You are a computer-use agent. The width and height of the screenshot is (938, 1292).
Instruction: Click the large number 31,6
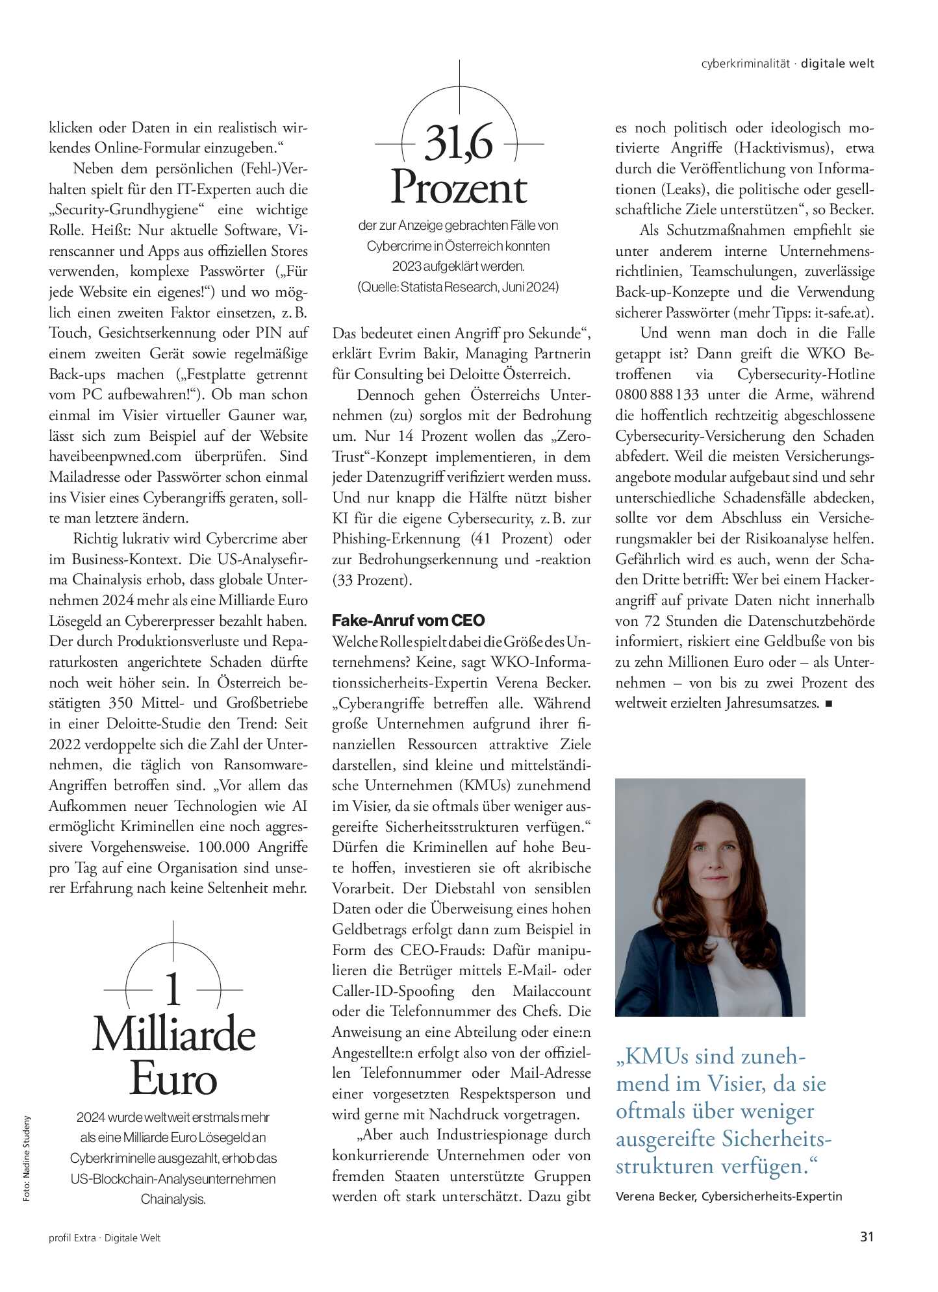[459, 143]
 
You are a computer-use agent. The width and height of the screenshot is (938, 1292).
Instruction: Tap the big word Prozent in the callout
[459, 188]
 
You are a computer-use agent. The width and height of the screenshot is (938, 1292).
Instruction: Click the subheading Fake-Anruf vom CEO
[408, 620]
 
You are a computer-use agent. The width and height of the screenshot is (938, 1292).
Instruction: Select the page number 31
[867, 1237]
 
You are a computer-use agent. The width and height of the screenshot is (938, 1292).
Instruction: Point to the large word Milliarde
[173, 1035]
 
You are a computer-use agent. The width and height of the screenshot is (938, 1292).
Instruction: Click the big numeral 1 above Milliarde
[173, 990]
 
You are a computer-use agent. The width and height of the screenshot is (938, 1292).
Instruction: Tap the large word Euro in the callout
[173, 1079]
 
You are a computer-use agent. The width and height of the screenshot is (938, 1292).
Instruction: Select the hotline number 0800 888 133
[657, 395]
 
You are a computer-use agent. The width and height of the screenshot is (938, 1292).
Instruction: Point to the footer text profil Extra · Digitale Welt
[105, 1238]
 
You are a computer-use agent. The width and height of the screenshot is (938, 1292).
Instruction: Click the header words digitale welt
[837, 64]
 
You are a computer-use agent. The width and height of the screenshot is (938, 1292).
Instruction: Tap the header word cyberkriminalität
[745, 64]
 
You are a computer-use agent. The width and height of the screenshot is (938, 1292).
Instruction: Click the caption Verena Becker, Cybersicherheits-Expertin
[728, 1196]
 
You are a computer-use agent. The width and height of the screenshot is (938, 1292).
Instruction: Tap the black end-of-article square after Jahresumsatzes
[828, 703]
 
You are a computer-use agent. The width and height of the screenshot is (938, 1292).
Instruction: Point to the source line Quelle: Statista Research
[459, 287]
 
